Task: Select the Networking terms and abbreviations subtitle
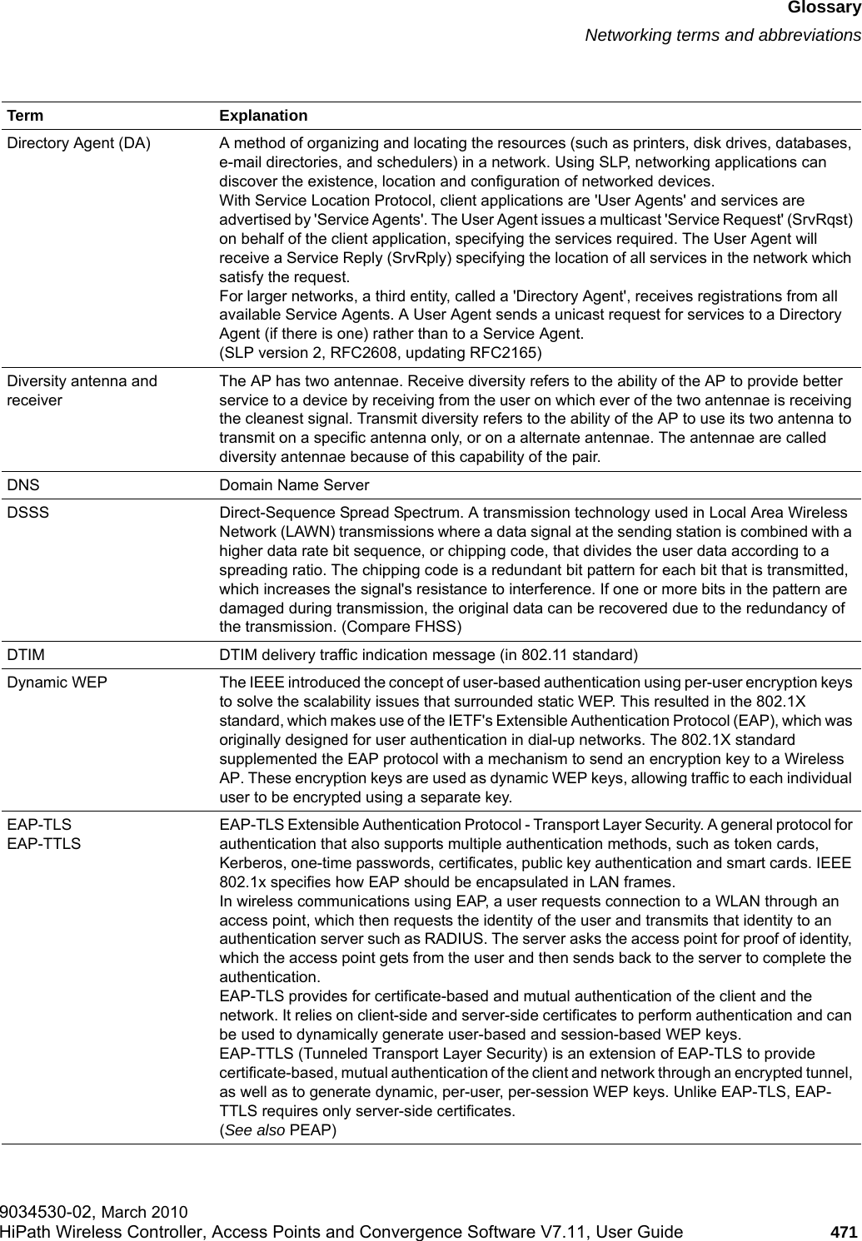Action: (x=722, y=35)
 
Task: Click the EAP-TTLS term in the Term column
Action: (x=44, y=843)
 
